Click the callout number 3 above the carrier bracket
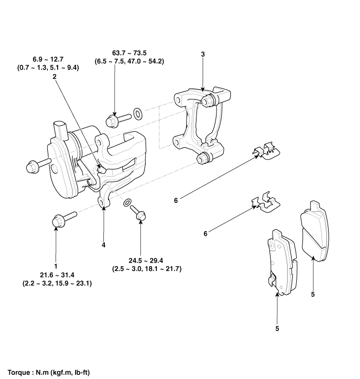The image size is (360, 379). click(203, 54)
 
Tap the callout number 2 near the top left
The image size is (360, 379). click(54, 76)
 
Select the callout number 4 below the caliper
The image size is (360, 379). click(103, 245)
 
